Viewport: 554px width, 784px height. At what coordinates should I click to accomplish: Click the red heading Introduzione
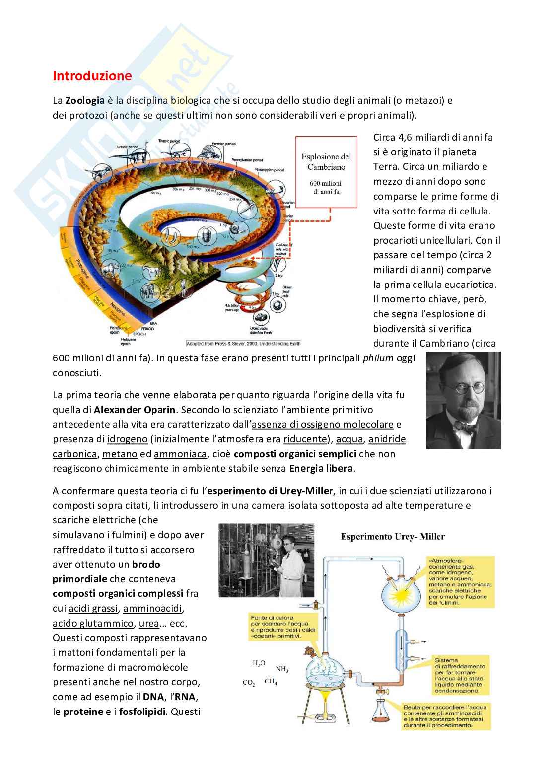click(92, 76)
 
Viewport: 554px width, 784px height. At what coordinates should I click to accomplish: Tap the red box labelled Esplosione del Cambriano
click(326, 172)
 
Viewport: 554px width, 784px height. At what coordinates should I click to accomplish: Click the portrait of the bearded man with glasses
click(463, 400)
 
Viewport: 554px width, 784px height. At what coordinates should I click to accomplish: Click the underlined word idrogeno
click(128, 439)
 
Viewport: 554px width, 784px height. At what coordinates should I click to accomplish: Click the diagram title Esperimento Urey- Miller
click(392, 536)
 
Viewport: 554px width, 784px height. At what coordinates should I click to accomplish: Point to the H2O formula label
click(259, 663)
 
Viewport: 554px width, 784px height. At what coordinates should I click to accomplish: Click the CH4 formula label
click(271, 682)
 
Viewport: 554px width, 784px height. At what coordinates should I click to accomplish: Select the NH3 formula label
click(281, 670)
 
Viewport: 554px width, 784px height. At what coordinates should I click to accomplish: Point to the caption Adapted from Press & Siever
click(246, 343)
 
